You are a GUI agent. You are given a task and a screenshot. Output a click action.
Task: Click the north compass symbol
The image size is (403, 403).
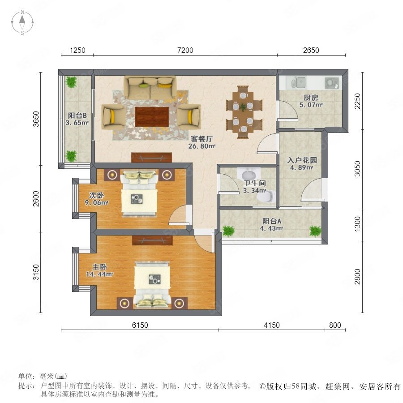[22, 22]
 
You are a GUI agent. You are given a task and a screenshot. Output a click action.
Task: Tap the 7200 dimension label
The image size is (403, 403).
[185, 50]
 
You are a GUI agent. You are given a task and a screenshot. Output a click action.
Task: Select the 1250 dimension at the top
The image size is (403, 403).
[77, 50]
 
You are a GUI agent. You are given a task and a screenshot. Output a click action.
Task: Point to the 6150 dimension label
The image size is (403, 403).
[140, 325]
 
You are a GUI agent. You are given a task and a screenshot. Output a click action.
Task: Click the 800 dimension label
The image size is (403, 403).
[335, 325]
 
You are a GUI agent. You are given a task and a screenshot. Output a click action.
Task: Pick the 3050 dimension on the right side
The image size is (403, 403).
[357, 169]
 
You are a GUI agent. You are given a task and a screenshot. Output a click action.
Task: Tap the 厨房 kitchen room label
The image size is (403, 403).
[311, 98]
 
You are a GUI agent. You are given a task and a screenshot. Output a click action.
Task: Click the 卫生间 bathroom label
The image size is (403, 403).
[254, 183]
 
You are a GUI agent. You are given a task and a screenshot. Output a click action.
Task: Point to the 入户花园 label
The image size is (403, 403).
[302, 160]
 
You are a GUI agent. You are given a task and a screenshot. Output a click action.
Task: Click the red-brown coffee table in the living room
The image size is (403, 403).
[152, 117]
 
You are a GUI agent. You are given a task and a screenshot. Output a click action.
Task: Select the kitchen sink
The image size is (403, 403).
[298, 82]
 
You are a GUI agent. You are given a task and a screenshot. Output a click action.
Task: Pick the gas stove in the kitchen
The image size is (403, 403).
[331, 83]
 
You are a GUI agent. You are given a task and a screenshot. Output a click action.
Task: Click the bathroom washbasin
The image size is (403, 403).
[249, 174]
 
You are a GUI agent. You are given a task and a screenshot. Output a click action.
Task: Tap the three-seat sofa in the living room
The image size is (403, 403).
[150, 87]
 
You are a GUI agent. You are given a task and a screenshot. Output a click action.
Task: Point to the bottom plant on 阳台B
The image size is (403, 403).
[71, 156]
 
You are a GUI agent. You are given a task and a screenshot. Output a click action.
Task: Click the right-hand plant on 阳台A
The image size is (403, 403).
[315, 231]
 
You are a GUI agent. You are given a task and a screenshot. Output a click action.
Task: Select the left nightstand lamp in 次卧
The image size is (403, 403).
[112, 175]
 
